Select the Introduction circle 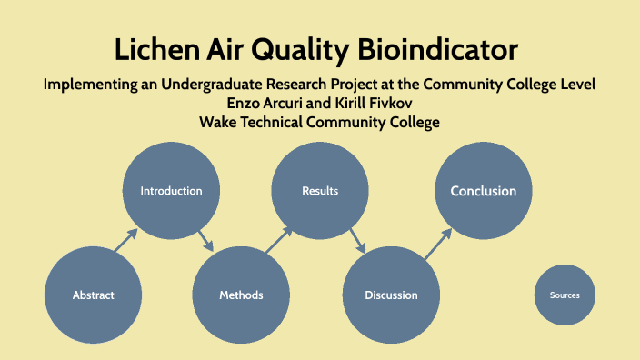(171, 191)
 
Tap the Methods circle (241, 295)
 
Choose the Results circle (320, 191)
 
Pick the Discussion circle (391, 295)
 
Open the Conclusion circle (483, 191)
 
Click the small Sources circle (565, 295)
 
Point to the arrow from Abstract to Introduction (125, 240)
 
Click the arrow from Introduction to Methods (206, 242)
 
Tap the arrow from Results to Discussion (356, 242)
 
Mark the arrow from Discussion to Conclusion (437, 242)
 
